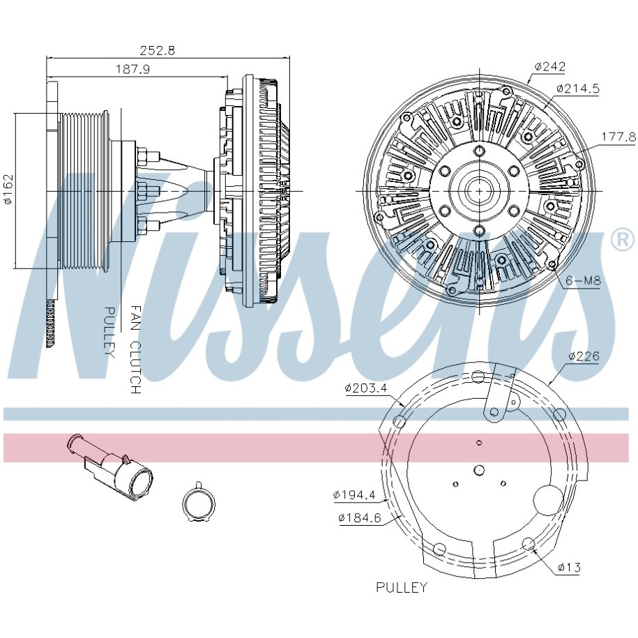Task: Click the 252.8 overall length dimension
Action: click(157, 50)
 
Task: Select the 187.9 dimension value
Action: click(133, 69)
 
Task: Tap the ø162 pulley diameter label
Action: click(8, 190)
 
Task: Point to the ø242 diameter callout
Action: click(550, 66)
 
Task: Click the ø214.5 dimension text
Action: click(578, 89)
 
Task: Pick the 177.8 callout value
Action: click(618, 137)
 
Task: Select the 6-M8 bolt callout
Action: click(583, 280)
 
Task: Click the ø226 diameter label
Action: click(584, 356)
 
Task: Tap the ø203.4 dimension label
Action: click(366, 388)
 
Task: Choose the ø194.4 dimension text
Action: click(354, 495)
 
